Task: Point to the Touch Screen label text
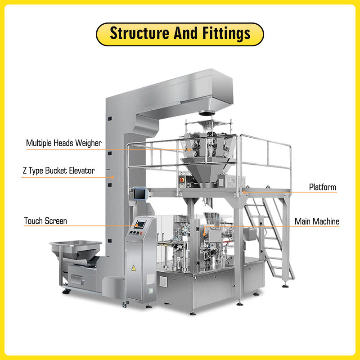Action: [x=45, y=221]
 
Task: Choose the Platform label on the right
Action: [x=322, y=187]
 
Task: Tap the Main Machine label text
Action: [x=317, y=221]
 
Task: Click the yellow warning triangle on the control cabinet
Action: [x=133, y=268]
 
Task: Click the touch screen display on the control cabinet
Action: [x=141, y=224]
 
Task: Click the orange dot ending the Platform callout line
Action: [x=243, y=192]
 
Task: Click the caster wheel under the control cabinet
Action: [x=125, y=306]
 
